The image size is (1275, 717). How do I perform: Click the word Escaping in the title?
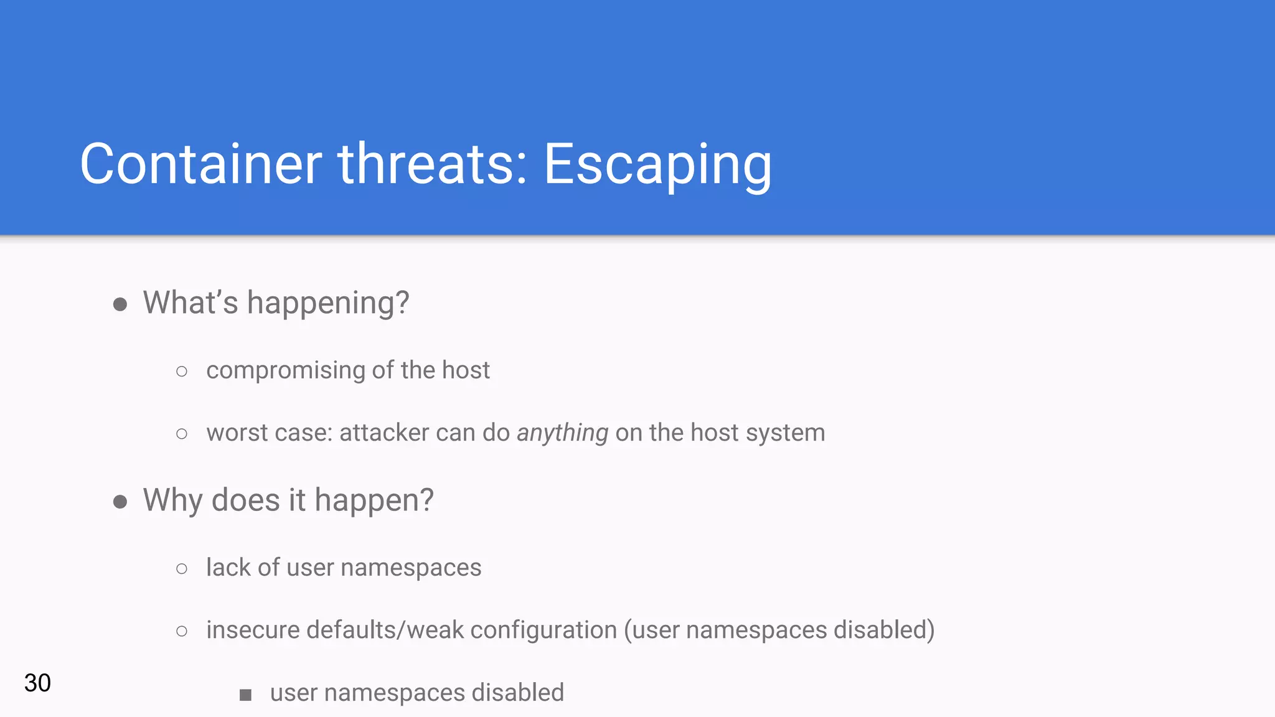657,165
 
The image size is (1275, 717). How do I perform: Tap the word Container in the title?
200,164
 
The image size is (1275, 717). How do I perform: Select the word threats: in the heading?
433,164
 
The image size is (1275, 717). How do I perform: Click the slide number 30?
37,683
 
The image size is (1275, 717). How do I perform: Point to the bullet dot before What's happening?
120,304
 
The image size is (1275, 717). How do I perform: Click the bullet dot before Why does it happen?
120,502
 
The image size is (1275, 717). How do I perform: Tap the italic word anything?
562,433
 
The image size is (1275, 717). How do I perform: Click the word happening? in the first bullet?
328,303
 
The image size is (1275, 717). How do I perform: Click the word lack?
228,568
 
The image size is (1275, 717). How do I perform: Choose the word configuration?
543,630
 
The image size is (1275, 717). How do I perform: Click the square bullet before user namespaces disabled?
245,695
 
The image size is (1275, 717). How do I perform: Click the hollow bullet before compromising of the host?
182,372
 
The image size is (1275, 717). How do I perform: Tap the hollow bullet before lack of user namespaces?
182,569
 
